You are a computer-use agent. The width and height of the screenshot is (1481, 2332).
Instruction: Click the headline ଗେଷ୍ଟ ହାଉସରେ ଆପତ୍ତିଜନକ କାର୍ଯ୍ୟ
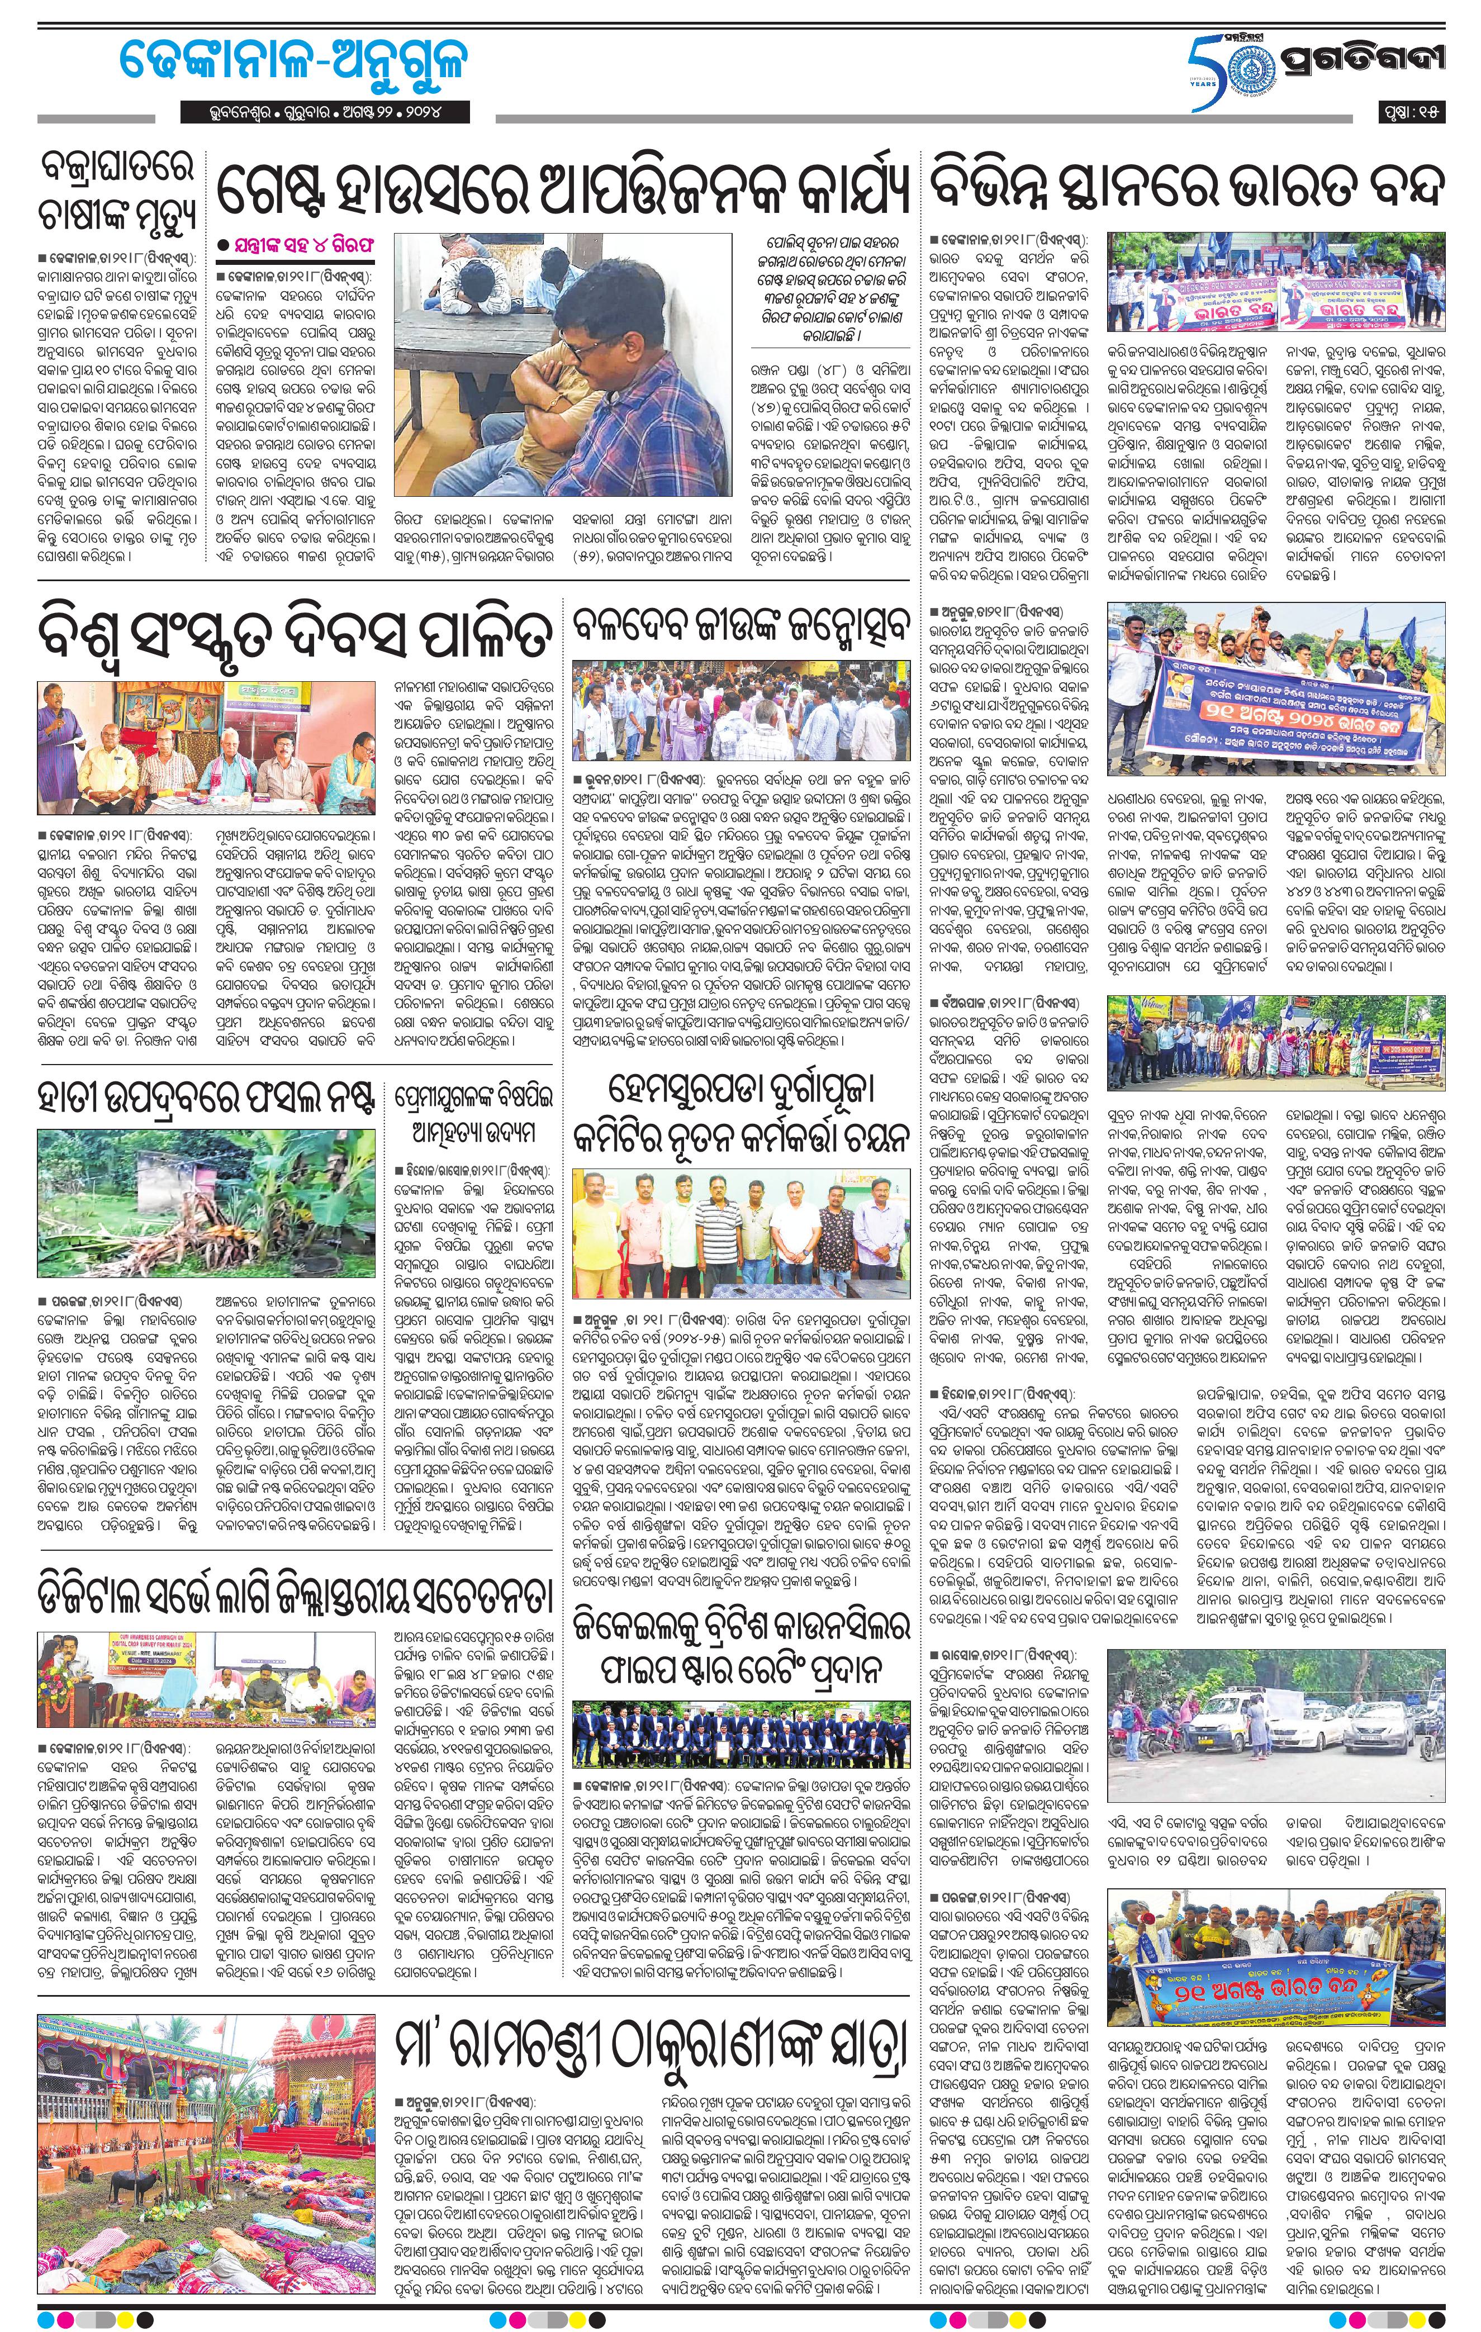pyautogui.click(x=562, y=191)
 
